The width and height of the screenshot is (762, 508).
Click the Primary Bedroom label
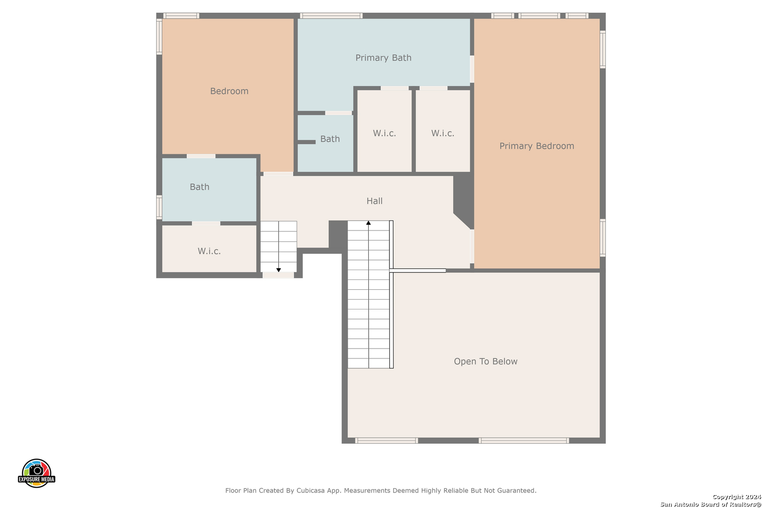[x=537, y=146]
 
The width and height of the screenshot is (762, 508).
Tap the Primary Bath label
[x=383, y=58]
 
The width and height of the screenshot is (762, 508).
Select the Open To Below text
[x=485, y=361]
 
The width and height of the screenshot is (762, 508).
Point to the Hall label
[x=374, y=201]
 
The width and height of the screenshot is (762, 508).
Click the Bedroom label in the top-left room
[x=229, y=91]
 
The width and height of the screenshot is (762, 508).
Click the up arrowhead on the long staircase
[x=368, y=223]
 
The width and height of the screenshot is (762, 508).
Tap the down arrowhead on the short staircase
[x=278, y=270]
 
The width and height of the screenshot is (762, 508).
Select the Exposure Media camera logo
[x=36, y=473]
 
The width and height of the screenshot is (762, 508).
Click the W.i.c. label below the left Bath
[x=209, y=251]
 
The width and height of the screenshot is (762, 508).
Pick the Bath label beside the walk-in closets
[x=330, y=139]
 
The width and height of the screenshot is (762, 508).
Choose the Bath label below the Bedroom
[x=199, y=187]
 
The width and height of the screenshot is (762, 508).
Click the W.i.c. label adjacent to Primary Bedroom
[x=443, y=133]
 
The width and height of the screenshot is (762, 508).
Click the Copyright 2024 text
[x=737, y=497]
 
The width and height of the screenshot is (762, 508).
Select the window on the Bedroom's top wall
[x=181, y=16]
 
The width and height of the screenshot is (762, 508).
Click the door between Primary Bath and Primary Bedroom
[x=472, y=69]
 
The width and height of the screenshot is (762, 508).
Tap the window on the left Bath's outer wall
[x=159, y=207]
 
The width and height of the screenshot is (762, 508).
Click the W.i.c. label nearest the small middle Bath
[x=384, y=133]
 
